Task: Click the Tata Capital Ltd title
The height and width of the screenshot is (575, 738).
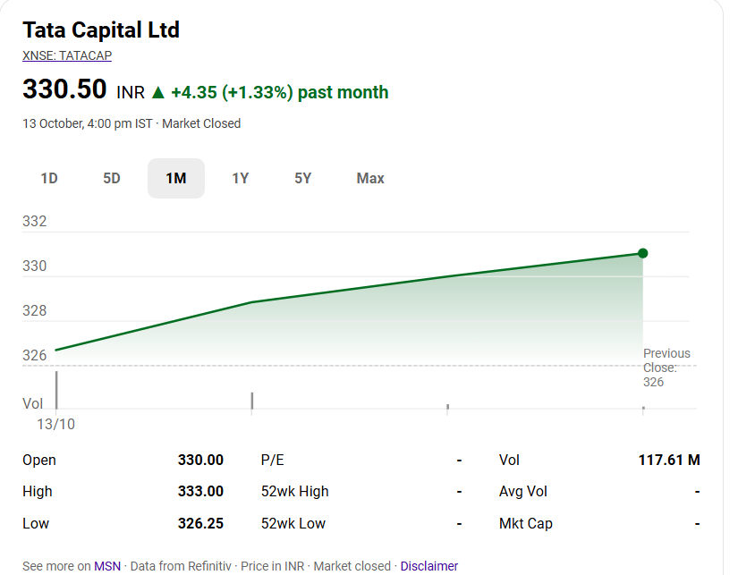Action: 101,30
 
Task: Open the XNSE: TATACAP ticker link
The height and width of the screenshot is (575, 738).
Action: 67,55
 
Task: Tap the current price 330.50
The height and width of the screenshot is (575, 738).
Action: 64,90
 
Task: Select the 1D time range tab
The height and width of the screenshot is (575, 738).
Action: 49,178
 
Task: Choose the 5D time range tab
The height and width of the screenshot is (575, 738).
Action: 112,178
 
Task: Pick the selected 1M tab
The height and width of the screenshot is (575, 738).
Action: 176,178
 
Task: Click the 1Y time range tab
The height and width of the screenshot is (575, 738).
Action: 240,178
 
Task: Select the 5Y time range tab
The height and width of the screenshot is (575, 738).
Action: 303,178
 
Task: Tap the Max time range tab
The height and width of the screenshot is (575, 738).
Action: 370,178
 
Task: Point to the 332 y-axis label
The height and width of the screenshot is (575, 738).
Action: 35,222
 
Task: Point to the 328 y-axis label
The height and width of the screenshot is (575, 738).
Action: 35,311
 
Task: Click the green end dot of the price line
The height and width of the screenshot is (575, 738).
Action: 642,253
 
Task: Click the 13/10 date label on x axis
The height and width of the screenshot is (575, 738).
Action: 55,424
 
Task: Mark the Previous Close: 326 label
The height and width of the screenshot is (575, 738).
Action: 666,368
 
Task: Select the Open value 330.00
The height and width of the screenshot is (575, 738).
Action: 200,460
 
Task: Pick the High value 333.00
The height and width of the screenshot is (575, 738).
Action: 200,491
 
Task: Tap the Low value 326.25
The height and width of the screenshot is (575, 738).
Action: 200,523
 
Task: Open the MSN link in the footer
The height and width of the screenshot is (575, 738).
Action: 107,566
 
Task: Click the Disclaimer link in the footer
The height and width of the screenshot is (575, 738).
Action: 429,566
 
